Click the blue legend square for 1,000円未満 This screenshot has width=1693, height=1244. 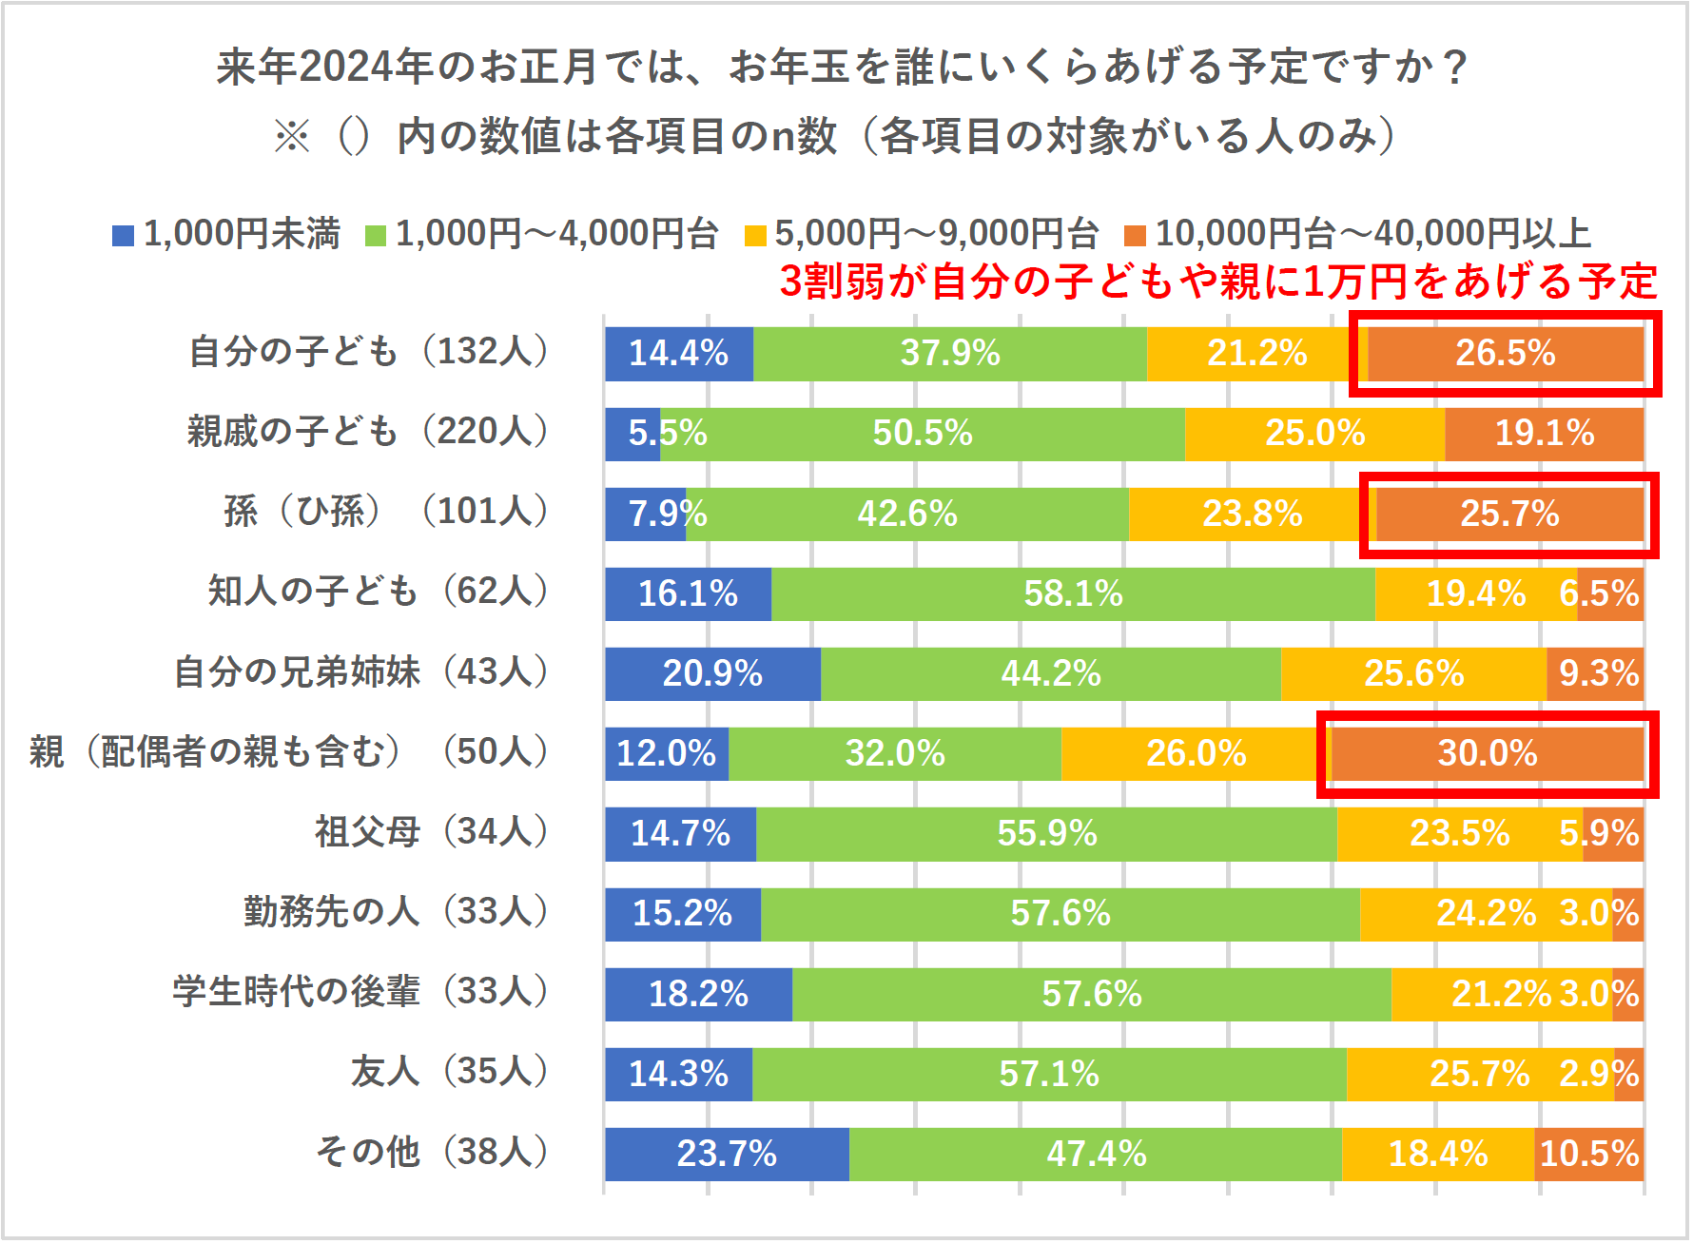click(123, 235)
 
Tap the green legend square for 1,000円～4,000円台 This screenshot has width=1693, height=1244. click(376, 235)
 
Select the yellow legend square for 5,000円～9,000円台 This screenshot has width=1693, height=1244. click(755, 235)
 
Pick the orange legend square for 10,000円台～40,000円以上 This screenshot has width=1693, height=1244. click(1135, 235)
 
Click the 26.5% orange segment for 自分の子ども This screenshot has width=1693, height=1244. click(1506, 354)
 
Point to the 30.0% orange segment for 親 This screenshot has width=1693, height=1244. click(1487, 754)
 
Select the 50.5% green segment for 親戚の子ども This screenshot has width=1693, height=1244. click(923, 434)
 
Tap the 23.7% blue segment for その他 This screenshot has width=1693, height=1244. click(727, 1155)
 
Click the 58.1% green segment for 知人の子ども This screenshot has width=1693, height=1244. click(1073, 594)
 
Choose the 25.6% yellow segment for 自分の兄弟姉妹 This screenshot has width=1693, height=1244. click(1413, 674)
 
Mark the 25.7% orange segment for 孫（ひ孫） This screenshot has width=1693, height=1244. click(1509, 515)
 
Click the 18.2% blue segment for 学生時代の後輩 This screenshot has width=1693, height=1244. click(698, 995)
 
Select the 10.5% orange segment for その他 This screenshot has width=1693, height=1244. click(1588, 1155)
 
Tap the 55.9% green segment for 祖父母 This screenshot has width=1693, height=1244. click(1046, 834)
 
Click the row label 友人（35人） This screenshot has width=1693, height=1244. click(450, 1072)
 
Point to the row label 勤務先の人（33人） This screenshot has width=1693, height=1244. click(396, 912)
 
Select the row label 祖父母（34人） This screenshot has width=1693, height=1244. click(432, 832)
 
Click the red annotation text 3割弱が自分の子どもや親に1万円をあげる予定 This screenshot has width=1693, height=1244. click(1218, 282)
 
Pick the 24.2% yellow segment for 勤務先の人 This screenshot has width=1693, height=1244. click(1486, 914)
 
